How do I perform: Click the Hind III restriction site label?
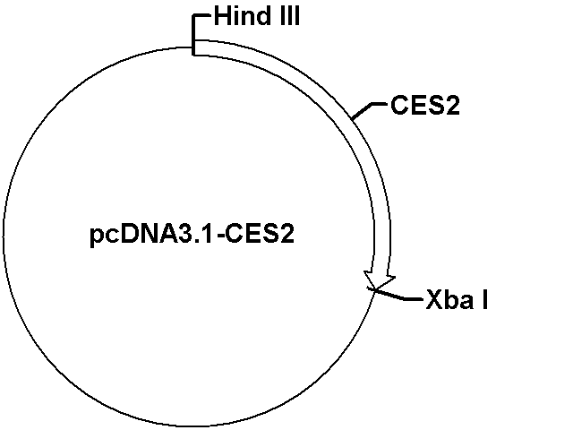pyautogui.click(x=257, y=16)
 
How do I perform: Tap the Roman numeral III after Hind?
pyautogui.click(x=290, y=16)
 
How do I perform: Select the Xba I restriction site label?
pyautogui.click(x=457, y=299)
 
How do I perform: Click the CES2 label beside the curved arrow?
pyautogui.click(x=425, y=106)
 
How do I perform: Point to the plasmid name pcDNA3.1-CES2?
pyautogui.click(x=192, y=235)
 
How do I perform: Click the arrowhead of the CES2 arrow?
pyautogui.click(x=379, y=280)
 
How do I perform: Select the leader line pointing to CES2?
pyautogui.click(x=367, y=110)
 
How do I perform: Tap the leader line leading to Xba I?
pyautogui.click(x=395, y=295)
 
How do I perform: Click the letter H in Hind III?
pyautogui.click(x=221, y=16)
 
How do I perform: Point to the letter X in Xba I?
pyautogui.click(x=434, y=299)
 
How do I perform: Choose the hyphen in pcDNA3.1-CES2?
pyautogui.click(x=220, y=236)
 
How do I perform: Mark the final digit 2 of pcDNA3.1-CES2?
pyautogui.click(x=287, y=234)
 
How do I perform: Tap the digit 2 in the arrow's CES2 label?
pyautogui.click(x=452, y=106)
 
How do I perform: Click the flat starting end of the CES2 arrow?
pyautogui.click(x=193, y=47)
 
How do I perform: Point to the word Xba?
pyautogui.click(x=450, y=299)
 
